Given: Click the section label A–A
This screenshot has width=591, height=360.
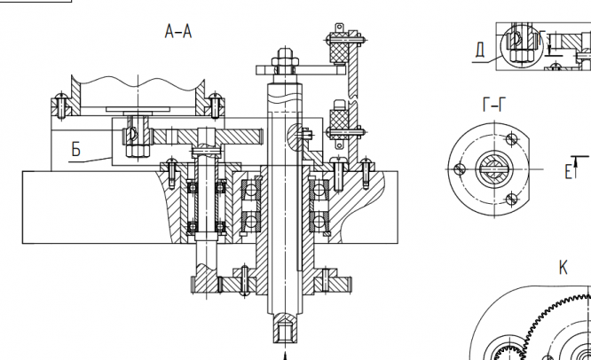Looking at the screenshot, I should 178,33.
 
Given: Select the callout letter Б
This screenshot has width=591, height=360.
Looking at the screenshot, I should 76,151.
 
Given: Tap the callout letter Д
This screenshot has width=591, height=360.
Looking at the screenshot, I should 480,49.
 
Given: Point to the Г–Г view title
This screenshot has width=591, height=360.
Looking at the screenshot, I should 493,105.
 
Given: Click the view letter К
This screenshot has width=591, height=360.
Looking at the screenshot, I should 563,268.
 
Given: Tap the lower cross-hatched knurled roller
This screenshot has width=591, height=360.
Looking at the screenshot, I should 337,123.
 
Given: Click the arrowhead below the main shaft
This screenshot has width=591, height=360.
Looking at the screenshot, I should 285,355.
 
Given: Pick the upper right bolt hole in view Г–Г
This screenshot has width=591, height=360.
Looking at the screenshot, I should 510,139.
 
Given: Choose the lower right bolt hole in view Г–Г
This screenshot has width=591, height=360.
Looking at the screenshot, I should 510,198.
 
